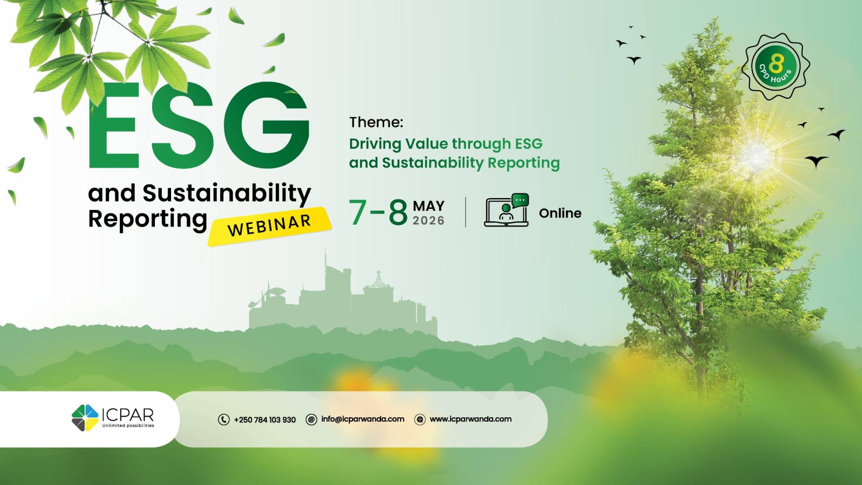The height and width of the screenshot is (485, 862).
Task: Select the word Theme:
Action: tap(376, 122)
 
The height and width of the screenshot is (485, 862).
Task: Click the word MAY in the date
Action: tap(428, 206)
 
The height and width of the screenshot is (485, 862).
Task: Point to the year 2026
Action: tap(428, 220)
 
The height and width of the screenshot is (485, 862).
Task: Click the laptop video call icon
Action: tap(506, 210)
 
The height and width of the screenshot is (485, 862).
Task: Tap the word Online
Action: tap(560, 213)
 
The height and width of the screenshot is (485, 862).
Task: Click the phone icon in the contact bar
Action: tap(224, 419)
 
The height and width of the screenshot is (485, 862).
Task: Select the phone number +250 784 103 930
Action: tap(265, 420)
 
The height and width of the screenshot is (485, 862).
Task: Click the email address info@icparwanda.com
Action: tap(363, 419)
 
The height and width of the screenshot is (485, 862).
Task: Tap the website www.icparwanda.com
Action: tap(471, 419)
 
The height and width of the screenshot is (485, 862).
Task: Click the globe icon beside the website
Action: tap(420, 419)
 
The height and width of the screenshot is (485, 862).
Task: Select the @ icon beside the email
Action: tap(311, 419)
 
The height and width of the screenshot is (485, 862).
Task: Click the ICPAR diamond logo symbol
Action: tap(85, 418)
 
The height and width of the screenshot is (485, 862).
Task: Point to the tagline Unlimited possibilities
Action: tap(128, 426)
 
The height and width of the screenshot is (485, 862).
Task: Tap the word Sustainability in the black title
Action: tap(227, 194)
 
